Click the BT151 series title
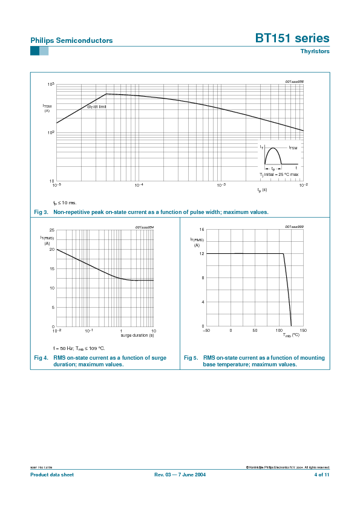coord(292,38)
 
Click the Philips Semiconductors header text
coord(71,41)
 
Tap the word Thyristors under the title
coord(315,51)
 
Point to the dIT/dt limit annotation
coord(97,106)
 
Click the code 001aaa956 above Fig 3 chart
coord(294,81)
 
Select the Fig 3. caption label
coord(41,212)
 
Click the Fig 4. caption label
coord(41,358)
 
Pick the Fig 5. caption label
coord(191,358)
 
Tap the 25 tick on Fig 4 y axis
coord(52,230)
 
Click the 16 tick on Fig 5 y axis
coord(201,230)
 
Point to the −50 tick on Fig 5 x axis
coord(206,331)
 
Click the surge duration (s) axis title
coord(137,335)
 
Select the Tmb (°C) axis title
coord(291,335)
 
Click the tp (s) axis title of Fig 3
coord(262,190)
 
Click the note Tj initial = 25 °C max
coord(279,174)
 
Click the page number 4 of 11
coord(322,475)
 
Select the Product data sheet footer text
coord(52,475)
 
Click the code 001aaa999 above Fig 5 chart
coord(294,227)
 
